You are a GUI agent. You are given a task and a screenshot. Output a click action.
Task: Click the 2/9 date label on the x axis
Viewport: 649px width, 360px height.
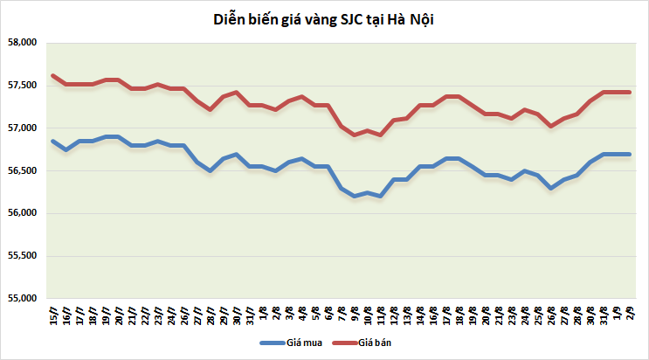point(630,313)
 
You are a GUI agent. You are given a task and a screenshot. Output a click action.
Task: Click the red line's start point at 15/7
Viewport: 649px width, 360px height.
point(54,76)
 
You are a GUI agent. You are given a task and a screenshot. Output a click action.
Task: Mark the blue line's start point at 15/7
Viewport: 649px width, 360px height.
point(54,141)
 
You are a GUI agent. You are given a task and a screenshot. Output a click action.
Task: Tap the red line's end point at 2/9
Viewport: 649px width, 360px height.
point(630,92)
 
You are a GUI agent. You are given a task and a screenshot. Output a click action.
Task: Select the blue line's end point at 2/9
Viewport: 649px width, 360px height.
point(630,154)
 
